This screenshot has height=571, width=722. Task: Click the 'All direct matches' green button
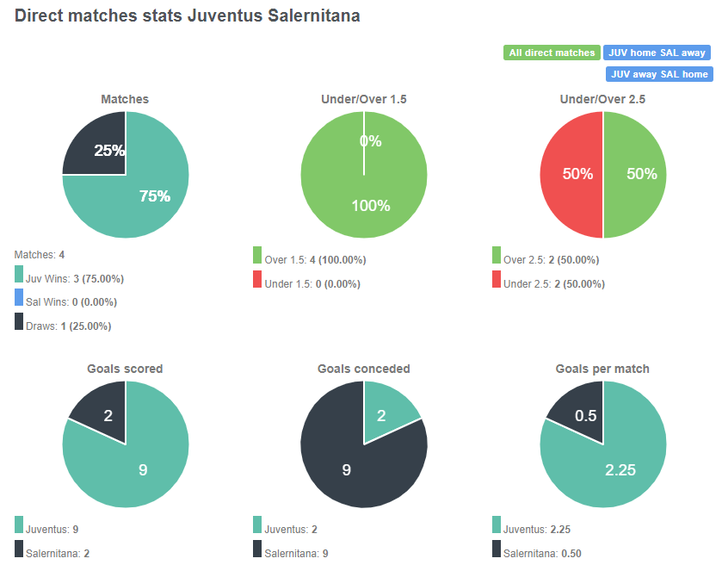click(x=551, y=53)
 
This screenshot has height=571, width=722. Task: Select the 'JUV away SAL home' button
click(x=658, y=74)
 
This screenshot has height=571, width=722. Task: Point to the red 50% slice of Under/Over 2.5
click(x=571, y=175)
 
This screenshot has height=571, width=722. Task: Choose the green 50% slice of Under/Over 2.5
click(x=637, y=175)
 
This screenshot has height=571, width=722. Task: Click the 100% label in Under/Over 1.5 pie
click(x=371, y=206)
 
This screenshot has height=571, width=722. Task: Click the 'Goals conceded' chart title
click(x=363, y=369)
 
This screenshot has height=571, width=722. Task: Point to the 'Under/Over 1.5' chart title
click(x=363, y=99)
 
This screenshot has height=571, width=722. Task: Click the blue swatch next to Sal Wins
click(x=19, y=299)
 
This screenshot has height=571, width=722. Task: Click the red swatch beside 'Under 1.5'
click(x=256, y=279)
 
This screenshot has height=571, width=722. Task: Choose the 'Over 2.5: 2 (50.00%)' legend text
click(x=551, y=260)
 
